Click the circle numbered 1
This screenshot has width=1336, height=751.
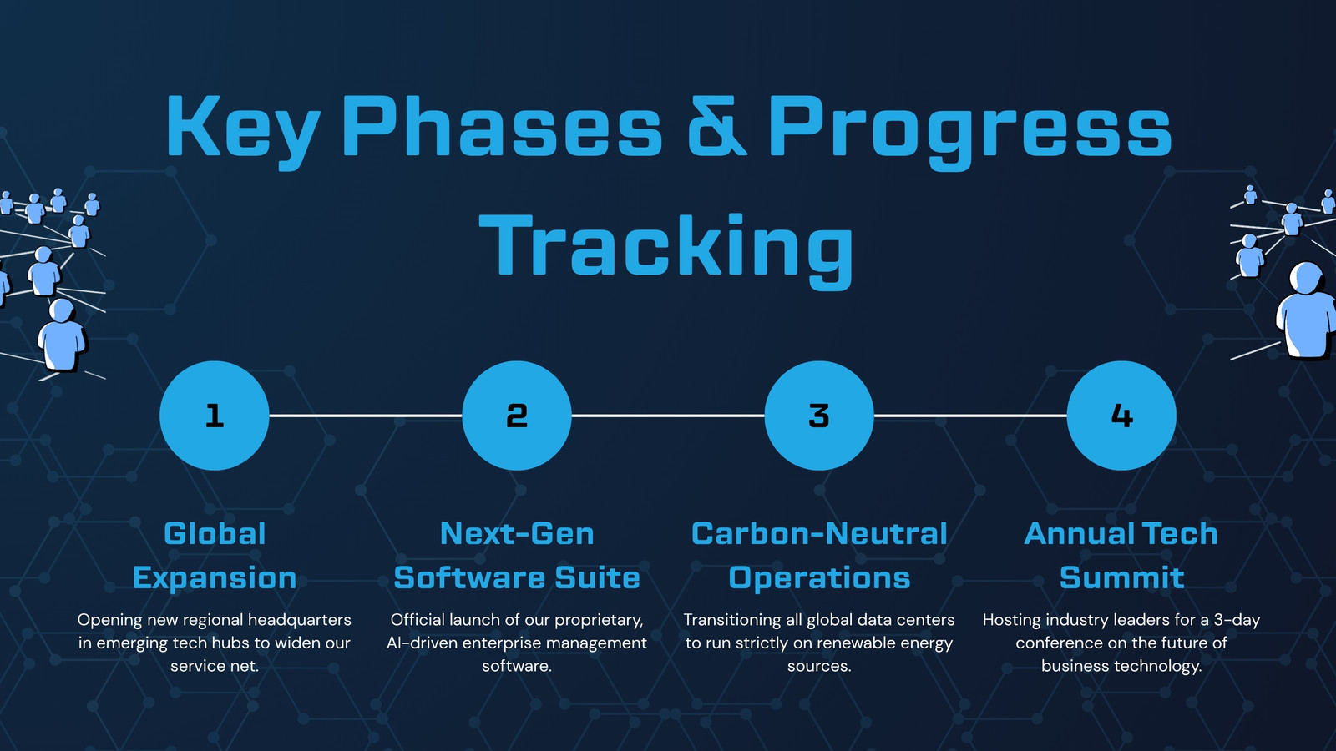(x=214, y=416)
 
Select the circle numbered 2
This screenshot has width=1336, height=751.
(x=517, y=416)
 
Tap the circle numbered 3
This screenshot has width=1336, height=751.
(x=819, y=416)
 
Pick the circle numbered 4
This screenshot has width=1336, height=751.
(x=1121, y=416)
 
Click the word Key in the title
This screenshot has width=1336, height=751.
(x=243, y=132)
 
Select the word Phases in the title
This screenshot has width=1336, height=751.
(x=502, y=126)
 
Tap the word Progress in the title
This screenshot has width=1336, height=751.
(x=970, y=132)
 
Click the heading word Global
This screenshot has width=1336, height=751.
(x=215, y=533)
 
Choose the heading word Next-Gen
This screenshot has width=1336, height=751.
(x=517, y=533)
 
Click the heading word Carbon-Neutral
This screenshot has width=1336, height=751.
(x=819, y=533)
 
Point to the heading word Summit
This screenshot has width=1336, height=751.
(x=1121, y=577)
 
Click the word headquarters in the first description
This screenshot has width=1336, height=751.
(x=300, y=621)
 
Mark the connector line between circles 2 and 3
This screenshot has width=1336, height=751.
(x=668, y=416)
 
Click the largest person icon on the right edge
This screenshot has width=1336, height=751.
(x=1306, y=310)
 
